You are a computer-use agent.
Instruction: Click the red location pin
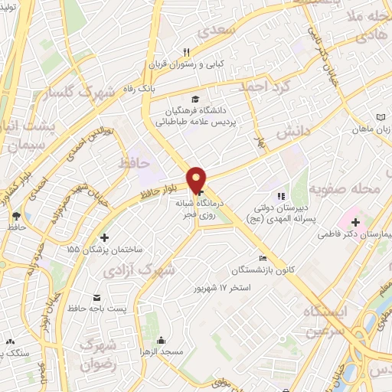tap(197, 180)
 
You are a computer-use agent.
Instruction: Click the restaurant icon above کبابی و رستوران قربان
tap(185, 52)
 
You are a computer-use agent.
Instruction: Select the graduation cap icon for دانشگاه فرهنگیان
tap(195, 100)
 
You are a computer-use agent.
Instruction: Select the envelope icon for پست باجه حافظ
tap(96, 297)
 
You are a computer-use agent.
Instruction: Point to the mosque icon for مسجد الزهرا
tap(161, 340)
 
